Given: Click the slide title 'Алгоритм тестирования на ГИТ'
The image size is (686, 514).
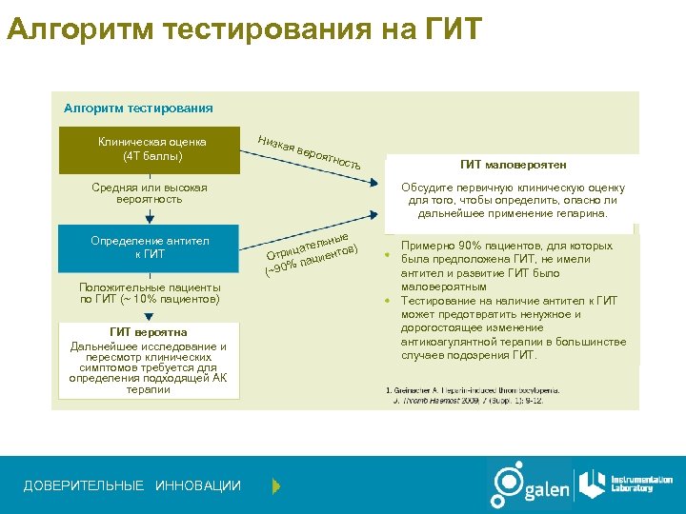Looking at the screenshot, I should tap(245, 29).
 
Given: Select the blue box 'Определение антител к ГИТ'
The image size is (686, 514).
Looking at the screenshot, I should tap(150, 247).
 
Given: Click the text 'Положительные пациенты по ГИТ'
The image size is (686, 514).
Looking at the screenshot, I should tap(150, 293).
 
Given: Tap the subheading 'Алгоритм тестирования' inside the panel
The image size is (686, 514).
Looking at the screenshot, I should tap(138, 109).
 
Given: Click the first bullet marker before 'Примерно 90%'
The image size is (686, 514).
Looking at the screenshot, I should tap(388, 254).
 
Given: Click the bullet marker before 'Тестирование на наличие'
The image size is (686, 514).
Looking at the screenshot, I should tap(388, 302).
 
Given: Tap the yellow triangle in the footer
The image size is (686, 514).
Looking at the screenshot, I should tap(276, 486).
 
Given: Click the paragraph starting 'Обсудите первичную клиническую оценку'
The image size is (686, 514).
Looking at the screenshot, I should tap(513, 201).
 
